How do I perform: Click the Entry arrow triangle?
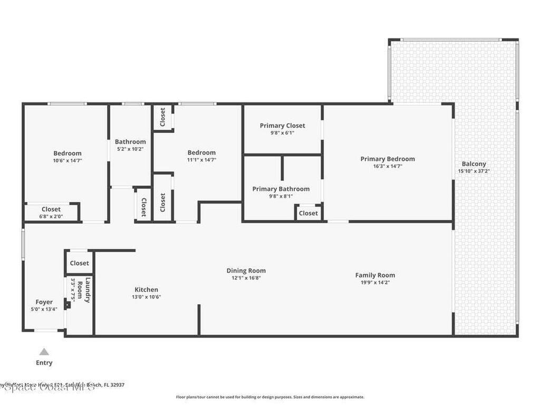tap(44, 352)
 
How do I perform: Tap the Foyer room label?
tap(44, 302)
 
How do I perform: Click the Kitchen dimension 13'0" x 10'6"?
tap(146, 297)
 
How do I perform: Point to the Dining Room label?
tap(246, 271)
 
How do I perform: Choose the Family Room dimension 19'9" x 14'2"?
tap(375, 283)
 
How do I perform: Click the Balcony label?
tap(474, 164)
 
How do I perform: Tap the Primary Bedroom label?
tap(388, 159)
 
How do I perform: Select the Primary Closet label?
tap(282, 126)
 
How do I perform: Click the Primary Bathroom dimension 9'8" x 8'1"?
tap(281, 196)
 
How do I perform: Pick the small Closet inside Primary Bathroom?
tap(308, 213)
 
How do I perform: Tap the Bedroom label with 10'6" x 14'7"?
tap(67, 153)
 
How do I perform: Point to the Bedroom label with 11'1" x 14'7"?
tap(201, 153)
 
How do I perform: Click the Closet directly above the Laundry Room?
tap(80, 263)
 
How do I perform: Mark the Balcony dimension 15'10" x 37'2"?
tap(474, 171)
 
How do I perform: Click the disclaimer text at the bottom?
tap(269, 397)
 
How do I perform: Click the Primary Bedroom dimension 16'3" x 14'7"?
tap(388, 166)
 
